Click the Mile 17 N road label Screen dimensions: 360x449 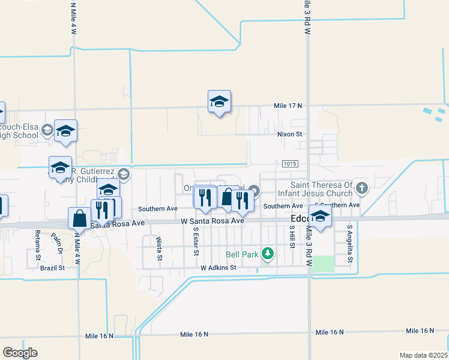(x=288, y=106)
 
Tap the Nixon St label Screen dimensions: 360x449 (x=289, y=134)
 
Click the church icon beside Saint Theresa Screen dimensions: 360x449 (x=361, y=188)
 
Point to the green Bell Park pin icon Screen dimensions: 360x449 (x=268, y=254)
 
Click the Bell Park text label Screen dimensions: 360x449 (x=242, y=254)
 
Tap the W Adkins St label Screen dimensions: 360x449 (x=218, y=268)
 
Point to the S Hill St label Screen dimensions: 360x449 (x=292, y=238)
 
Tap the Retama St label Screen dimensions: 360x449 (x=37, y=241)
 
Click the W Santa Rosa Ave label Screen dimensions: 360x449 (x=212, y=221)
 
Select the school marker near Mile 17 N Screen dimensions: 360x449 (x=219, y=102)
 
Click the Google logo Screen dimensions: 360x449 (x=20, y=353)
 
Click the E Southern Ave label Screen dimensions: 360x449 (x=337, y=205)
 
